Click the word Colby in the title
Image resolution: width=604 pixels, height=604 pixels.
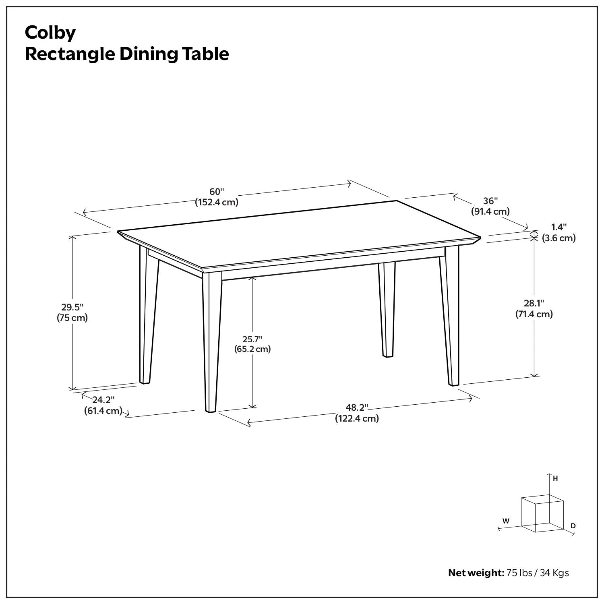click(50, 33)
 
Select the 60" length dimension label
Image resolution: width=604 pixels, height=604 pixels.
click(217, 192)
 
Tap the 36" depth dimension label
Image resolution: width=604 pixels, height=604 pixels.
click(490, 201)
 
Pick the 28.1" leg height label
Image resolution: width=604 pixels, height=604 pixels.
click(534, 303)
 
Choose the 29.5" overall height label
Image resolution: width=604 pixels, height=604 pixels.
click(72, 307)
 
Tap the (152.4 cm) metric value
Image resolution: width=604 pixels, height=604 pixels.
click(217, 202)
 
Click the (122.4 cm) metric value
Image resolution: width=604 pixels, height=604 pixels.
click(357, 419)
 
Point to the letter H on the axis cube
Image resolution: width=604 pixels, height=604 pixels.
click(555, 479)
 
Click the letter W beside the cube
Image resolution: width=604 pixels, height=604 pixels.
click(506, 521)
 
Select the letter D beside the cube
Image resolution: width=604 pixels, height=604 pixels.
click(573, 526)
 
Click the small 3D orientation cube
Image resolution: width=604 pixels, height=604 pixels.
click(542, 515)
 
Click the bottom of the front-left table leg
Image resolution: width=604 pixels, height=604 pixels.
click(210, 411)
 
